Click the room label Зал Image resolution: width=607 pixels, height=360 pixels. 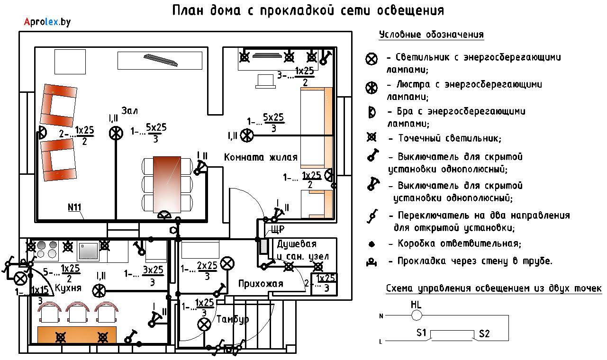(129, 110)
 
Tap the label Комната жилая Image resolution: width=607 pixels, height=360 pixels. (261, 157)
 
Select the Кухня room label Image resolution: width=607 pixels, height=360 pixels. (68, 288)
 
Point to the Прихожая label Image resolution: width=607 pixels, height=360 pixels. (261, 284)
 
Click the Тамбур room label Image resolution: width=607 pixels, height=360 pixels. (233, 319)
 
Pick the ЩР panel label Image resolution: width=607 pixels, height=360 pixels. (278, 230)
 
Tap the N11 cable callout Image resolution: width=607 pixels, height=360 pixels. (74, 207)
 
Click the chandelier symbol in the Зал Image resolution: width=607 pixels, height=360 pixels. (116, 134)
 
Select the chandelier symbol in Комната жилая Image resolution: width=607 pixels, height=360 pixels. (247, 135)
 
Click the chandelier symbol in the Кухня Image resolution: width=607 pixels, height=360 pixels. (99, 291)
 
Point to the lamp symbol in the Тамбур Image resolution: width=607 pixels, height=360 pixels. (204, 324)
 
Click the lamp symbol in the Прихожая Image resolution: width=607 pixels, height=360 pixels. (227, 263)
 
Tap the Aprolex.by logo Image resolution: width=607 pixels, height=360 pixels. (47, 22)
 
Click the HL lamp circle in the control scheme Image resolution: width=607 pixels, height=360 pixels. (417, 315)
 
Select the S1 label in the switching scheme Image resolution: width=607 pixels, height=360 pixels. (421, 333)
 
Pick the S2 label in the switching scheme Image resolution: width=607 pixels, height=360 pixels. (484, 334)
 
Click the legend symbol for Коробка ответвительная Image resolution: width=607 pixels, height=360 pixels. (372, 244)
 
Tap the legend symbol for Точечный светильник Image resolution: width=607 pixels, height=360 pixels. (371, 137)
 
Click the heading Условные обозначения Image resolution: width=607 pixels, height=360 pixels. (431, 35)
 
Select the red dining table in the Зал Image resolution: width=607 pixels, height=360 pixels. (167, 185)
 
